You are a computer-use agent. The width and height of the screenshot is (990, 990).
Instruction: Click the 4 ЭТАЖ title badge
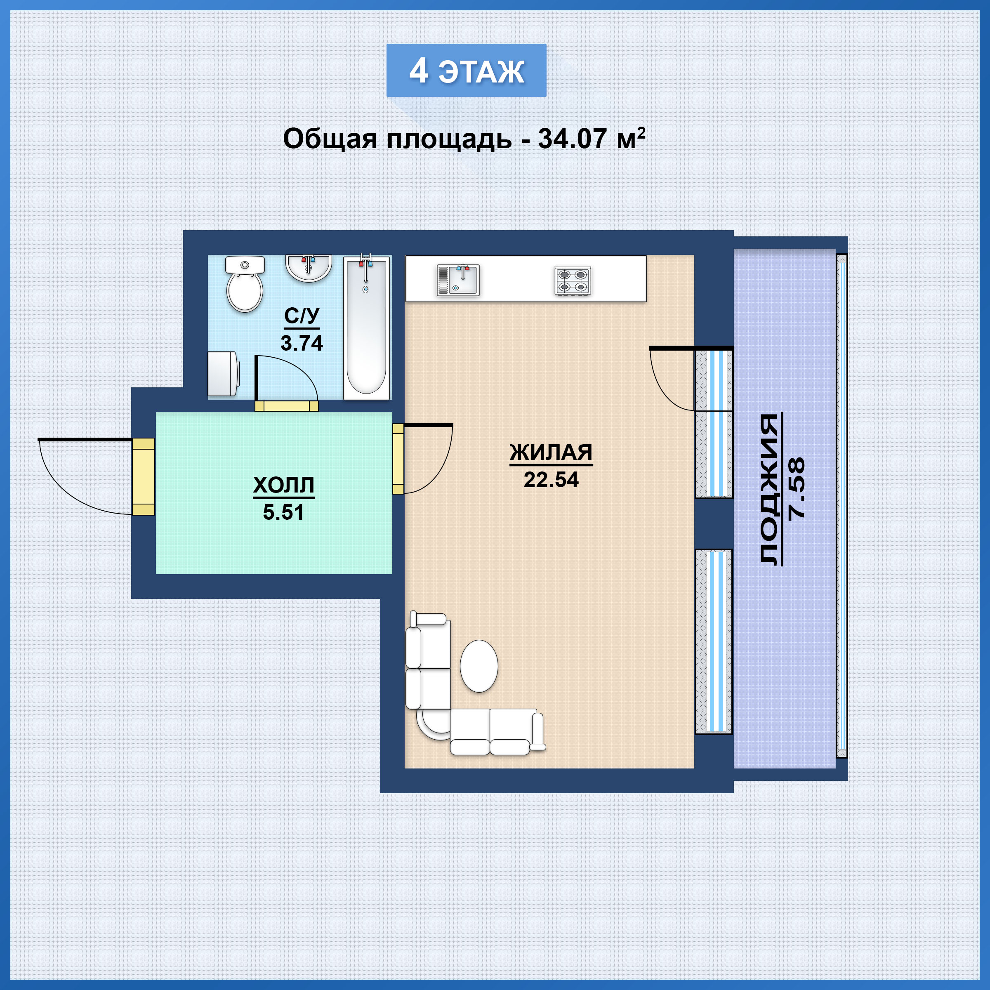pos(466,70)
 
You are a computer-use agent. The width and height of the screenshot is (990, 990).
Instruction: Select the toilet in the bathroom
pos(245,284)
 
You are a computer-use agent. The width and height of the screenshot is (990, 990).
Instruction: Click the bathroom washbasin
pos(309,268)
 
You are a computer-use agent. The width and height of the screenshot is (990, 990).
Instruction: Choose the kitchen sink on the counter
pos(458,280)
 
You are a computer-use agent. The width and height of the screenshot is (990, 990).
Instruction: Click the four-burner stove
pos(573,280)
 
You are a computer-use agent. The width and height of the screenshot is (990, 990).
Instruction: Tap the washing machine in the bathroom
pos(223,374)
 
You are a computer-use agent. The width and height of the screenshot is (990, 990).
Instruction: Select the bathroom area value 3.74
pos(302,343)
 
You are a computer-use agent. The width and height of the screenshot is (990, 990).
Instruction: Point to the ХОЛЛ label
pos(283,485)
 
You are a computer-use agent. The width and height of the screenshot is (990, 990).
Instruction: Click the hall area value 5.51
pos(283,512)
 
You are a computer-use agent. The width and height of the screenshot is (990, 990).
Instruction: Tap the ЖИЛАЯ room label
pos(551,453)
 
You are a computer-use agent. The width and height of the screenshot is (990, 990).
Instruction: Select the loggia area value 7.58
pos(797,489)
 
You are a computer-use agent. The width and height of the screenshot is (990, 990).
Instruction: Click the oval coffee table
pos(479,666)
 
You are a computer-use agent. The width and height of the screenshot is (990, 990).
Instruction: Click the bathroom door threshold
pos(286,406)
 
